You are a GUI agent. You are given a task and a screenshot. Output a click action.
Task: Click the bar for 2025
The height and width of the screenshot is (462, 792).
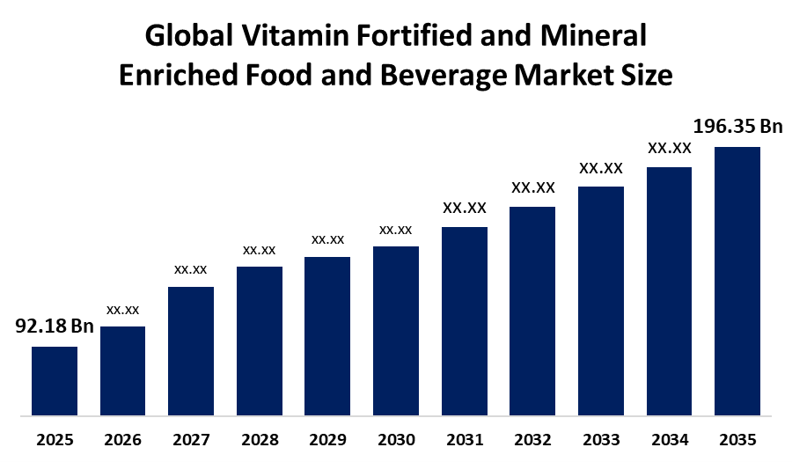(55, 381)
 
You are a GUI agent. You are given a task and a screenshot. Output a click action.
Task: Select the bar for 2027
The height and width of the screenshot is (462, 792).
(191, 351)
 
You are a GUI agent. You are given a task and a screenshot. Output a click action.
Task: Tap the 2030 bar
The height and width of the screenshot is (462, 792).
(396, 331)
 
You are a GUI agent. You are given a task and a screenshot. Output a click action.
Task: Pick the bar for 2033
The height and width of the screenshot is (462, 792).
(601, 301)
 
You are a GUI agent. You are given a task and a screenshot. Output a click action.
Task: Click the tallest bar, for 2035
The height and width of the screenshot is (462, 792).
(737, 282)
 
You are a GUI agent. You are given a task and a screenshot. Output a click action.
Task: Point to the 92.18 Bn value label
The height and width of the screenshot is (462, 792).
(55, 326)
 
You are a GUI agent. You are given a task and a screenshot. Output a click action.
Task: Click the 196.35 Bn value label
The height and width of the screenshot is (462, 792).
(737, 126)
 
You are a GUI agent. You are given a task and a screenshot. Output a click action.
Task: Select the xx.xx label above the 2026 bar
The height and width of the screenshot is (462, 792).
(122, 310)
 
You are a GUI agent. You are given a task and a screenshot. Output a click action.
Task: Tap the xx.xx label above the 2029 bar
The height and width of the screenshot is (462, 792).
(328, 240)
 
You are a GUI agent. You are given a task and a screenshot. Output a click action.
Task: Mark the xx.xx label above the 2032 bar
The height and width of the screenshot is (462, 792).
(533, 187)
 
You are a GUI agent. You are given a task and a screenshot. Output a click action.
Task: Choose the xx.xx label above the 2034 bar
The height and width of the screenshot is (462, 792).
(670, 149)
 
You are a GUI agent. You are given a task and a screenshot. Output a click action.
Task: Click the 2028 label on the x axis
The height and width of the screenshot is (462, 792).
(260, 440)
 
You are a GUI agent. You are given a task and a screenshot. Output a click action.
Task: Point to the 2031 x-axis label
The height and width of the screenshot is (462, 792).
(465, 440)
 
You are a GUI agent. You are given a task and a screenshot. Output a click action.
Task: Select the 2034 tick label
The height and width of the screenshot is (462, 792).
(670, 440)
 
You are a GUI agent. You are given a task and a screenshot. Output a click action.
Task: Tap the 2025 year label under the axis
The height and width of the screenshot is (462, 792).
(55, 440)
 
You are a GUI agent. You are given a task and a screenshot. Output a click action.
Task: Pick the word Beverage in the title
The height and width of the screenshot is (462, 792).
(444, 75)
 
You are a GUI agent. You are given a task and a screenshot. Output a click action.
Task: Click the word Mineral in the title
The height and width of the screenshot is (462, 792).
(593, 36)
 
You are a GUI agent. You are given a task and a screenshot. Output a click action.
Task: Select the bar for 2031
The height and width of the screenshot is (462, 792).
(465, 321)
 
